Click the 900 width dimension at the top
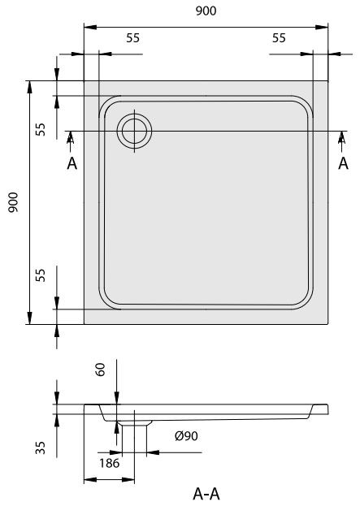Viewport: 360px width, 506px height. [x=206, y=11]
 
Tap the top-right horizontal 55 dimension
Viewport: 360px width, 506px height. [x=279, y=38]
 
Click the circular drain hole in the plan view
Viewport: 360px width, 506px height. [x=133, y=131]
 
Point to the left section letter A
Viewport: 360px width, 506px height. [x=72, y=163]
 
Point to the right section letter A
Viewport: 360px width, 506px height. [x=343, y=163]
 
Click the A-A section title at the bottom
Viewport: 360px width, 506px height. [x=206, y=493]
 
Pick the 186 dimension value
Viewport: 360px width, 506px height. [x=110, y=463]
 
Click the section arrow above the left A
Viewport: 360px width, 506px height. [x=72, y=140]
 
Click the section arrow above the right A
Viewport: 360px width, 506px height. [x=343, y=140]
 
